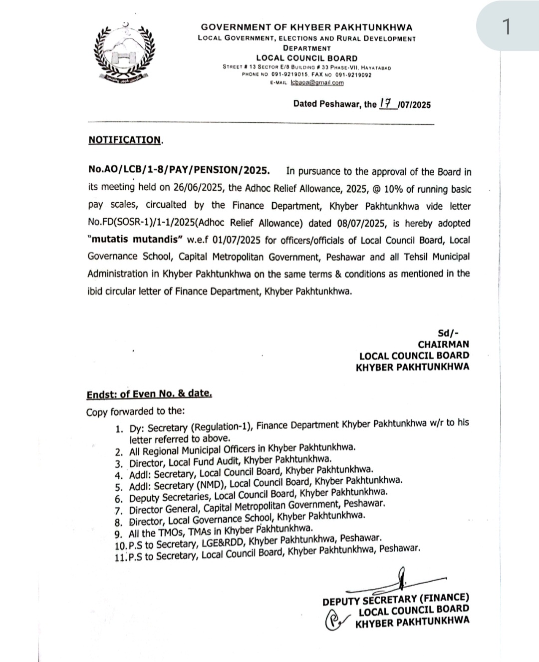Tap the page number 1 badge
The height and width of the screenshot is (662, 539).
[506, 26]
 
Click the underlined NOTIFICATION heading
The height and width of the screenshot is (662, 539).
[125, 140]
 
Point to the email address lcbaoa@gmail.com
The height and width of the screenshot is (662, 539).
[317, 83]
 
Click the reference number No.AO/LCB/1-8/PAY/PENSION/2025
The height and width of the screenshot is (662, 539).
[179, 171]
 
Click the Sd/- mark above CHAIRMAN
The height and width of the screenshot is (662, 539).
[448, 333]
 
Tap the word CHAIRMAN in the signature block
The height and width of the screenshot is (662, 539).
[443, 344]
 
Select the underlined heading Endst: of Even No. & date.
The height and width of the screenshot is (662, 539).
[149, 393]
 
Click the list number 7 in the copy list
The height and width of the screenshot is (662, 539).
[118, 511]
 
